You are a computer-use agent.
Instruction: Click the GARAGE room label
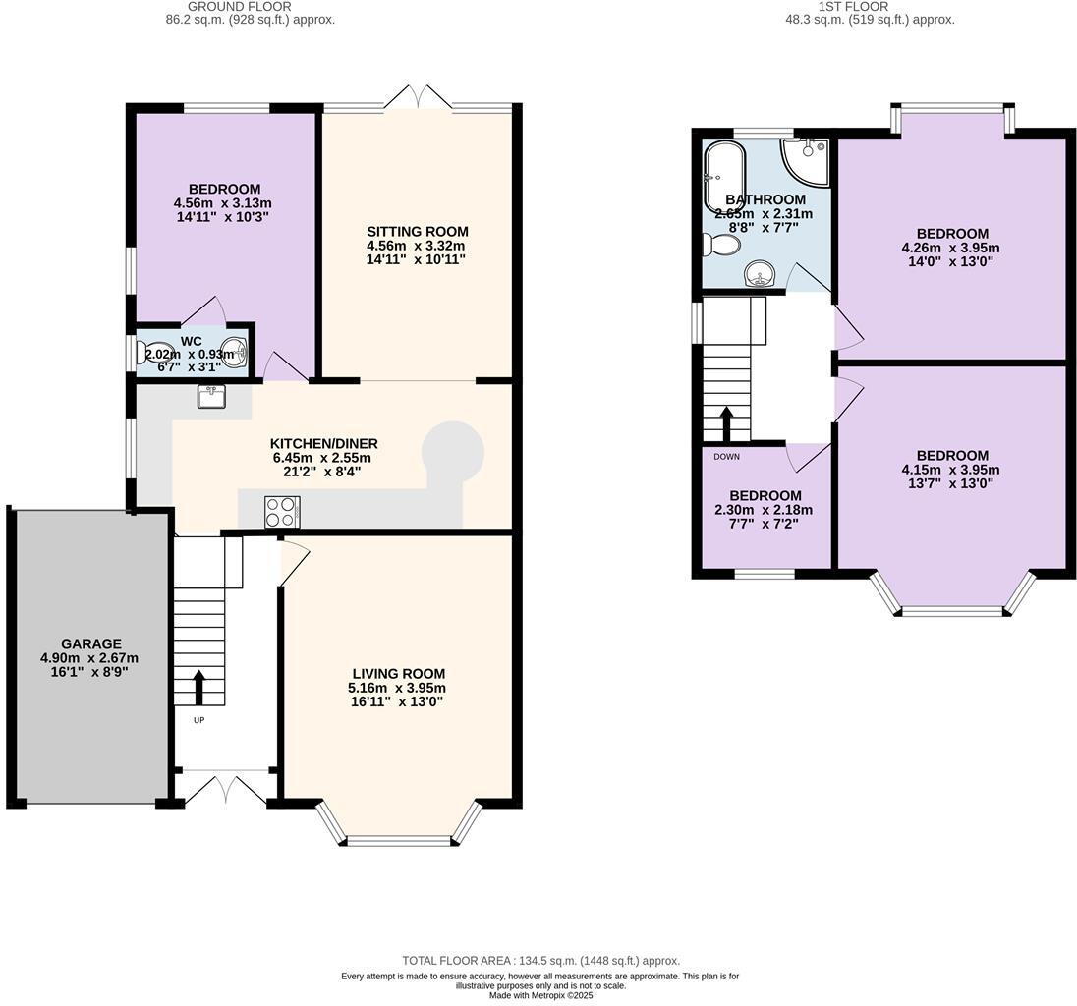pos(88,643)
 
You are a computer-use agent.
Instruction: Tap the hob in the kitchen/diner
pos(282,511)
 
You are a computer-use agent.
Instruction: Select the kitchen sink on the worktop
pos(211,396)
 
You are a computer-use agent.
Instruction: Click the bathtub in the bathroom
pos(723,178)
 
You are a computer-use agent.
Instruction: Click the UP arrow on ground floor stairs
pos(198,689)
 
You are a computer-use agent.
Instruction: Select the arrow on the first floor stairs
pos(727,423)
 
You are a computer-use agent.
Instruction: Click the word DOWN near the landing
pos(727,457)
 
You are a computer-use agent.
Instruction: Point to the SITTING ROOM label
pos(416,231)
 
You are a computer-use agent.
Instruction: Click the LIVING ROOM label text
pos(398,673)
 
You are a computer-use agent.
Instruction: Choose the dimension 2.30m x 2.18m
pos(765,510)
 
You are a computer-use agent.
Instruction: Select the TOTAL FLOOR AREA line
pos(540,961)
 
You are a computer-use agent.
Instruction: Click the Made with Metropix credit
pos(540,995)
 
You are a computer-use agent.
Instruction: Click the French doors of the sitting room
pos(419,98)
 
